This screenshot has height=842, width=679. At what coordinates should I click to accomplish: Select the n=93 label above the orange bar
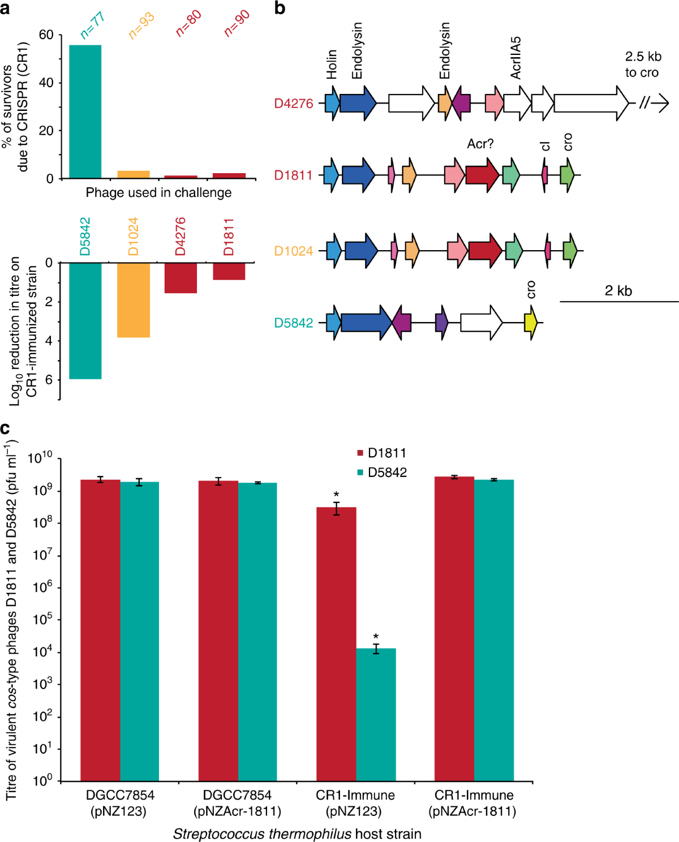click(141, 26)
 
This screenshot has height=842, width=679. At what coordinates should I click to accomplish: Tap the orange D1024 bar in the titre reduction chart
click(134, 300)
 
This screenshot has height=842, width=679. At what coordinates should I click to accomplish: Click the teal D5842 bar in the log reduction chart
click(85, 320)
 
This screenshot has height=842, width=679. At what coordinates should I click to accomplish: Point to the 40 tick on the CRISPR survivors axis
click(46, 83)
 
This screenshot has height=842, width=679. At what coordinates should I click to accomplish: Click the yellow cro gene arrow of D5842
click(530, 323)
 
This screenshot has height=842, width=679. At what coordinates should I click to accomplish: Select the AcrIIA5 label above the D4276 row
click(515, 58)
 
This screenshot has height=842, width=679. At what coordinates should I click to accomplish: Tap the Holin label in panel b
click(332, 64)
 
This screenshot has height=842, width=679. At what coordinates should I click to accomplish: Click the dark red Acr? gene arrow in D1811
click(482, 175)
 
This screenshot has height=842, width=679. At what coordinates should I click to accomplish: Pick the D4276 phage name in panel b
click(293, 104)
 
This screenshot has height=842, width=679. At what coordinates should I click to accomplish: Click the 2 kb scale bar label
click(618, 291)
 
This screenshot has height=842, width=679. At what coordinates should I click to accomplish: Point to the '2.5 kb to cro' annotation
click(642, 65)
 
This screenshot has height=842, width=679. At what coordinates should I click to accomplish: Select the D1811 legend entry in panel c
click(381, 453)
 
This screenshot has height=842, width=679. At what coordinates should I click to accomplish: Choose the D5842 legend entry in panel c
click(381, 472)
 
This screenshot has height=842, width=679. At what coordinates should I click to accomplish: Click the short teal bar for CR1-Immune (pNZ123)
click(376, 714)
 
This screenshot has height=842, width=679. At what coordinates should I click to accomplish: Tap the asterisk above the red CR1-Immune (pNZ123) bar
click(336, 495)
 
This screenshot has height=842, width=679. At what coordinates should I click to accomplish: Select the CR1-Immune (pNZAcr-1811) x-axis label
click(472, 803)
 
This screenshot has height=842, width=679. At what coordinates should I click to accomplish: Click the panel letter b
click(280, 8)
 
